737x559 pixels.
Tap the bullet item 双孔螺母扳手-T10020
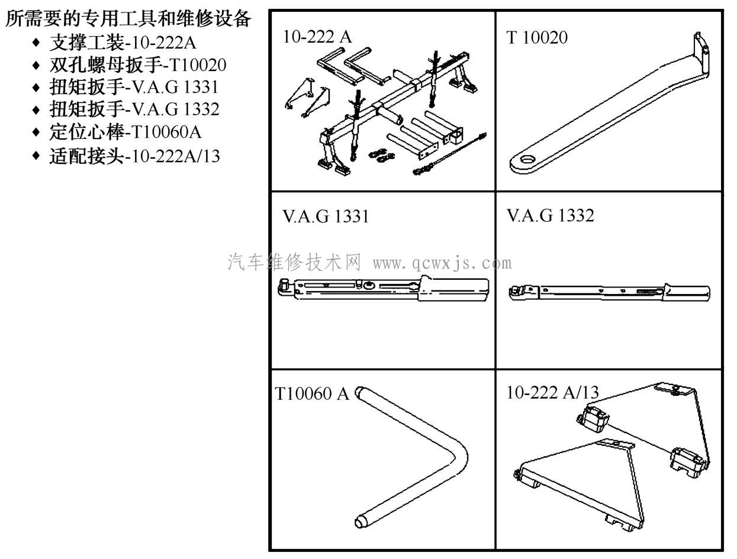pos(137,65)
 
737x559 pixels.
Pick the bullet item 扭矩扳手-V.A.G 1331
pos(134,87)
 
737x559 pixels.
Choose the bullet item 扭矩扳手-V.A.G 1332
pos(134,109)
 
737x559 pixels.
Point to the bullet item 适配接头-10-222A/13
pos(134,155)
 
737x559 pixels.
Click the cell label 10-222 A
pos(317,37)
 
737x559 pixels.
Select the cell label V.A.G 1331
pos(325,217)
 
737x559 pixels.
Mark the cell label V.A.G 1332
pos(550,216)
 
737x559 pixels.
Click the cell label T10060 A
pos(312,394)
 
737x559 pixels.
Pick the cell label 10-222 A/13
pos(552,392)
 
